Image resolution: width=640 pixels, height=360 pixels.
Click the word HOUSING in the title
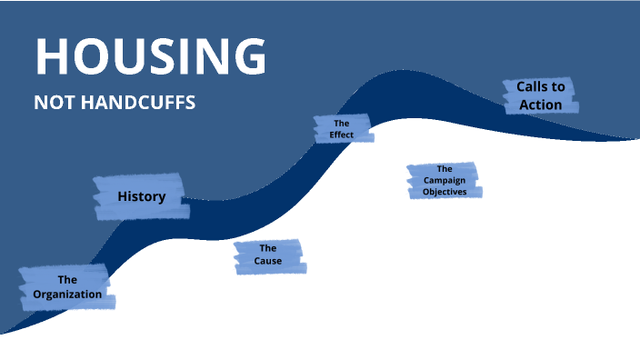[x=151, y=56]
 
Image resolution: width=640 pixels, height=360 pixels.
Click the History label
[x=141, y=196]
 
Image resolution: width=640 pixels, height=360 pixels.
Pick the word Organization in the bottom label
[x=67, y=294]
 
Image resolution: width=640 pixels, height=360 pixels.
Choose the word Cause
[x=268, y=261]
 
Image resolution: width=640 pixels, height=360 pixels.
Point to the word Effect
[x=342, y=135]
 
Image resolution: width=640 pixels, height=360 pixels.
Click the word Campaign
[x=444, y=180]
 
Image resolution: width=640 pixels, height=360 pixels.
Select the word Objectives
[x=445, y=192]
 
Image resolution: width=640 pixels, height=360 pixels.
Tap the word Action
[x=541, y=105]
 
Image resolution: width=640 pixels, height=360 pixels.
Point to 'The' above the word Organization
[x=67, y=280]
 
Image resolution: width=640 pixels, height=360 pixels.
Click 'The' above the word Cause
[x=268, y=248]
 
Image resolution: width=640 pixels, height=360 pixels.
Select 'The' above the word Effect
[x=342, y=123]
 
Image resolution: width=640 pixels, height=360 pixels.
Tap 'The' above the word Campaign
[x=445, y=168]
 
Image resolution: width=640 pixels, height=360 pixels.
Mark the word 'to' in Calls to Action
[x=558, y=87]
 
